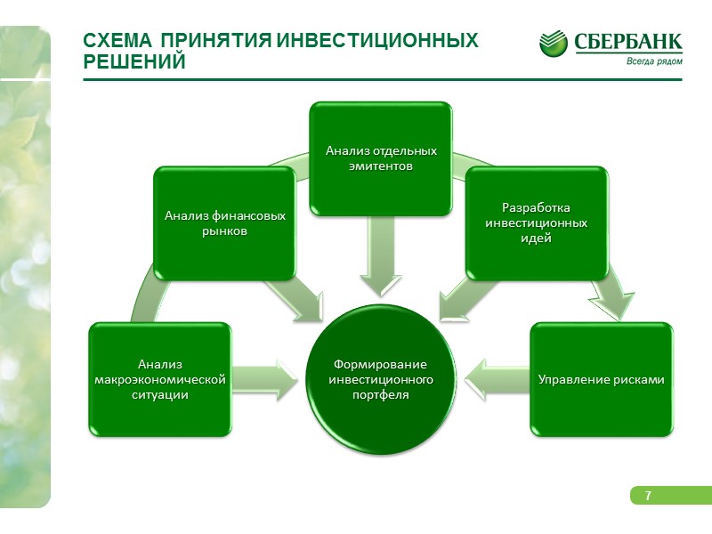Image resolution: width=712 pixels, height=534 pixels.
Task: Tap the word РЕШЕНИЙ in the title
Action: click(133, 62)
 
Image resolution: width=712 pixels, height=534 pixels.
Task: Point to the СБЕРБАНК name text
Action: click(628, 42)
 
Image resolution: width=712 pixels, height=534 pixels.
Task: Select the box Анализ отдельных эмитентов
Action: click(380, 158)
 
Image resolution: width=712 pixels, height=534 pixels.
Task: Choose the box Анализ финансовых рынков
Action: click(224, 223)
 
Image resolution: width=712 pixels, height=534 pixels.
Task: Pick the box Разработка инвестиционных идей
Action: click(536, 223)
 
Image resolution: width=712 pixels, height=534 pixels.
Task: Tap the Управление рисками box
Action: click(602, 380)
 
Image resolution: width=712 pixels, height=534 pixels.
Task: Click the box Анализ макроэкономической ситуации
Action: click(159, 380)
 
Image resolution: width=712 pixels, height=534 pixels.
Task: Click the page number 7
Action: click(647, 496)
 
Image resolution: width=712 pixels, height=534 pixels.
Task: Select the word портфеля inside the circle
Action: click(380, 395)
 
